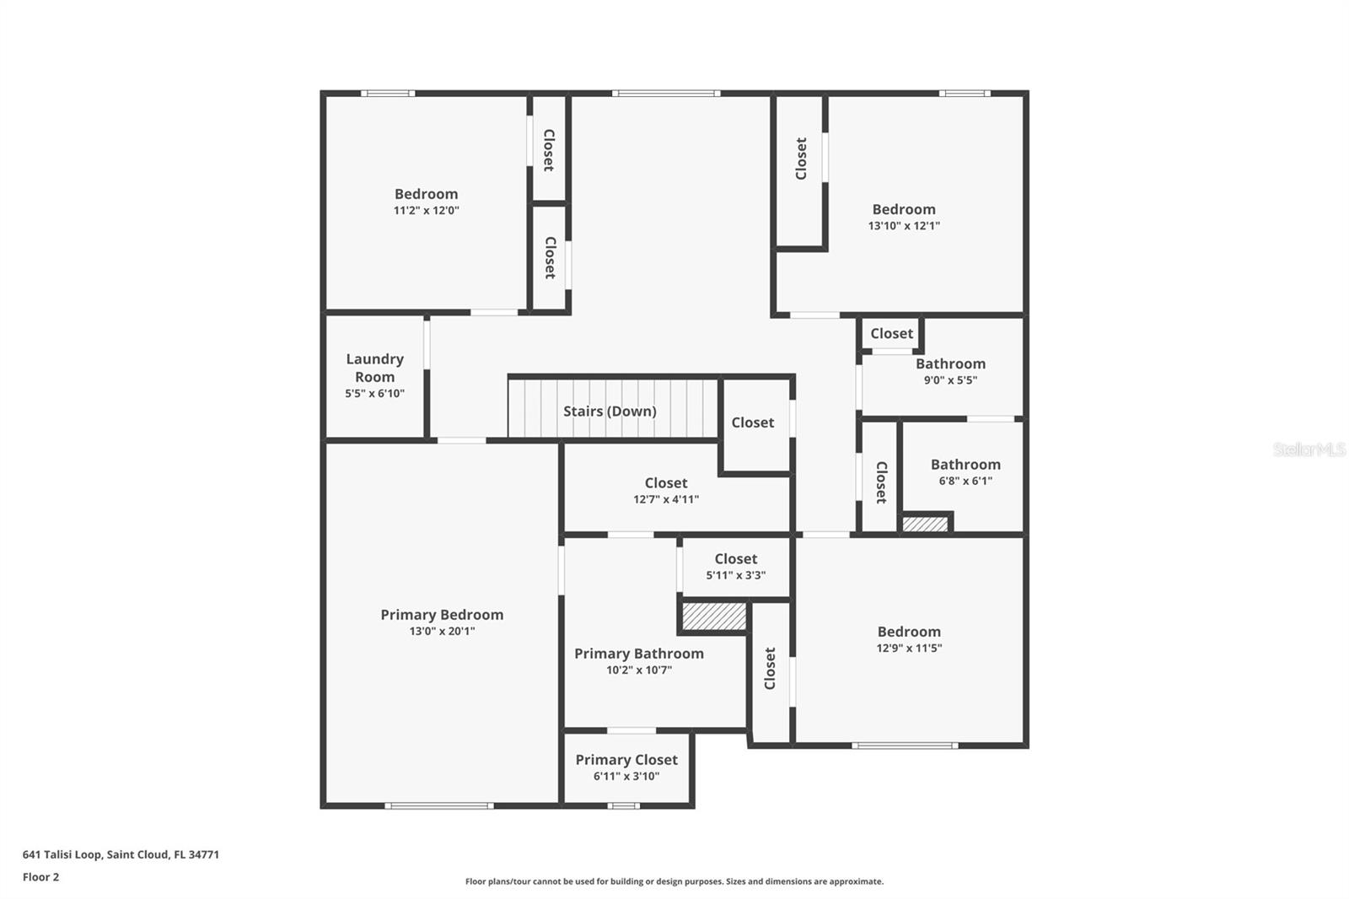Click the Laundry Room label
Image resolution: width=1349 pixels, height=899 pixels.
(x=374, y=368)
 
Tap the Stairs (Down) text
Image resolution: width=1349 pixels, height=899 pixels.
(x=610, y=411)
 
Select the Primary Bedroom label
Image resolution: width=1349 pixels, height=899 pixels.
(x=442, y=615)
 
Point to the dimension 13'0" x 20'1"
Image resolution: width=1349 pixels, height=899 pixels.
(x=442, y=631)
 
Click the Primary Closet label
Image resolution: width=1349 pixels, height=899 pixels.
(x=626, y=760)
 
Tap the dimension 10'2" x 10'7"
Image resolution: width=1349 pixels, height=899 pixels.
(x=639, y=670)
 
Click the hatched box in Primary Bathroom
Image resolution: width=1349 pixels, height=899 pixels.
(x=714, y=616)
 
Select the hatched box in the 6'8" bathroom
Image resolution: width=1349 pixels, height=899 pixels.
(x=925, y=524)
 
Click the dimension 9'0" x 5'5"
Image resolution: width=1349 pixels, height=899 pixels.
(x=950, y=380)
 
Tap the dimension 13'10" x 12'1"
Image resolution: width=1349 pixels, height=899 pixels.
(x=904, y=226)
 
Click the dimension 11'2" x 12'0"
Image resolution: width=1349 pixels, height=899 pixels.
(x=426, y=211)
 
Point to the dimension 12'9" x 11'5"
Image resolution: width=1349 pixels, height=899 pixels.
(x=909, y=649)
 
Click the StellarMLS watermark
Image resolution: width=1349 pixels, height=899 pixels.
(x=1309, y=449)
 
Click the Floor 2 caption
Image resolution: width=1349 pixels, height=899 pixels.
(x=40, y=877)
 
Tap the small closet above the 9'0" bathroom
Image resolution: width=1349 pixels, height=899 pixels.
(x=891, y=334)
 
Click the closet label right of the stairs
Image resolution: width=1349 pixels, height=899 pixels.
(x=752, y=423)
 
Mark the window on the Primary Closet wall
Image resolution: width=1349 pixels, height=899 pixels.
(x=623, y=805)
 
